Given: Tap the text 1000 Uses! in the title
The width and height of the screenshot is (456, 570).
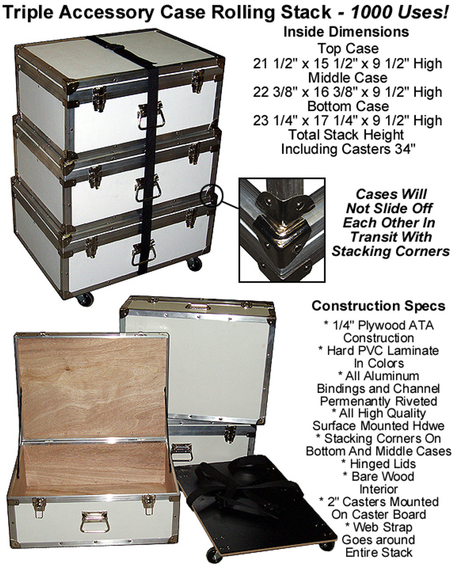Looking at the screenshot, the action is tap(400, 12).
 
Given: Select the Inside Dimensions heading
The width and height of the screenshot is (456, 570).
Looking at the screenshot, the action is tap(346, 32).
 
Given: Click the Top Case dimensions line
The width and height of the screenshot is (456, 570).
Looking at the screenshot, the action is tap(347, 64).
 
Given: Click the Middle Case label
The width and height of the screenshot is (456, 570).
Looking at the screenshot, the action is tap(348, 77).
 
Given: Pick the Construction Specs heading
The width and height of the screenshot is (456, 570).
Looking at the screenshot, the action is tap(378, 306).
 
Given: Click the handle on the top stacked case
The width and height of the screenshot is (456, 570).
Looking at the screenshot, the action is tap(151, 116).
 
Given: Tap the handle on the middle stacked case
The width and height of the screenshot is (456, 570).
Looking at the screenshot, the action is tap(148, 188).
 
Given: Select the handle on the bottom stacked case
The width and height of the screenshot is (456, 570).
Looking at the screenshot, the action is tap(144, 253).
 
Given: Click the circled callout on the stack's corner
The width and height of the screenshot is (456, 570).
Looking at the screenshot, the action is tap(212, 196).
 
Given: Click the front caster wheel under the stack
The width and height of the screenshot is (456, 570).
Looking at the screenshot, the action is tap(85, 299).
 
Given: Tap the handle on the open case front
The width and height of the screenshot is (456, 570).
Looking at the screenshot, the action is tap(94, 522).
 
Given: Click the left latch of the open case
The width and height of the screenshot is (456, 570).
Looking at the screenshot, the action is tap(39, 507).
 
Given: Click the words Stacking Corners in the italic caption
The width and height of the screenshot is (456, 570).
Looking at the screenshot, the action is tap(390, 251).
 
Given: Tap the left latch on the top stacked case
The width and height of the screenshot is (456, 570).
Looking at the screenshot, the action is tap(99, 99).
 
